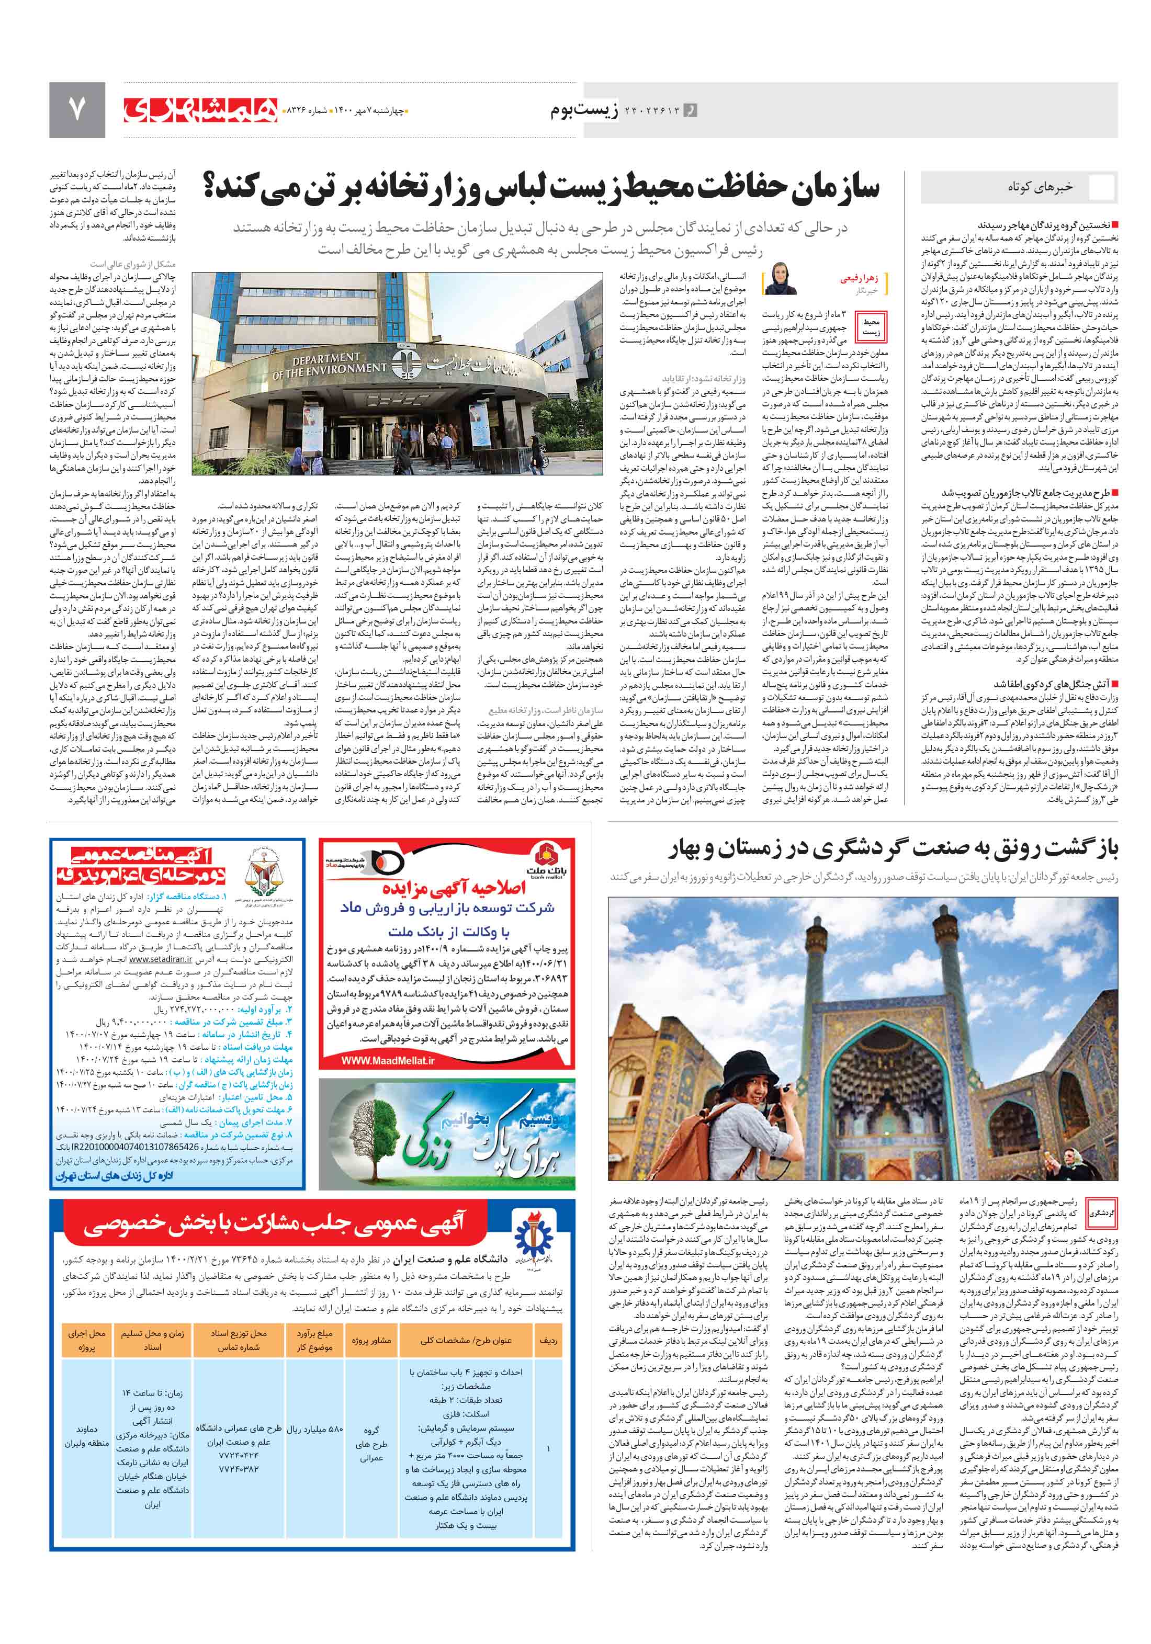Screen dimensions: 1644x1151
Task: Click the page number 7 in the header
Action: (76, 109)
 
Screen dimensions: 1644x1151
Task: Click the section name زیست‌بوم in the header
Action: (584, 110)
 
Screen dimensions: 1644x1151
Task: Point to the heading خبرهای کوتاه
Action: (1040, 187)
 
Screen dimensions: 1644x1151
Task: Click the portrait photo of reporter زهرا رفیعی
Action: (781, 279)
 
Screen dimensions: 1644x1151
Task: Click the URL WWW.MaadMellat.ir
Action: (388, 1060)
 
